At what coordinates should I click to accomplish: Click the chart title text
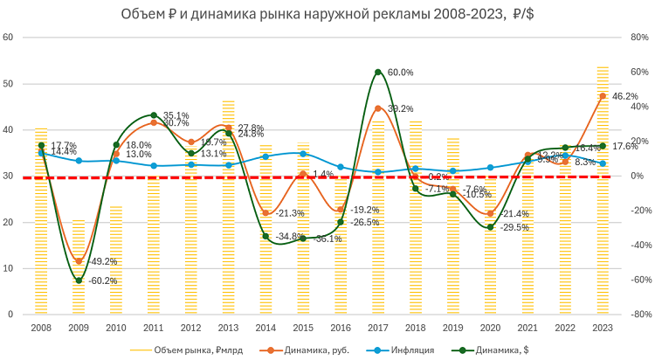click(x=327, y=14)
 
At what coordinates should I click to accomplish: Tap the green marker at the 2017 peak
click(x=378, y=72)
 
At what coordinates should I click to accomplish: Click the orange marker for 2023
click(x=603, y=96)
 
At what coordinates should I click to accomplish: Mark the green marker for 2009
click(x=79, y=280)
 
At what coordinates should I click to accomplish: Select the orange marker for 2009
click(x=79, y=261)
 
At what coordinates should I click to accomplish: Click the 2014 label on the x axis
click(x=265, y=327)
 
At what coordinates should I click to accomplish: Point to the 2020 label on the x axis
click(x=491, y=327)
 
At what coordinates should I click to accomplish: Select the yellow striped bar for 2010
click(x=116, y=262)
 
